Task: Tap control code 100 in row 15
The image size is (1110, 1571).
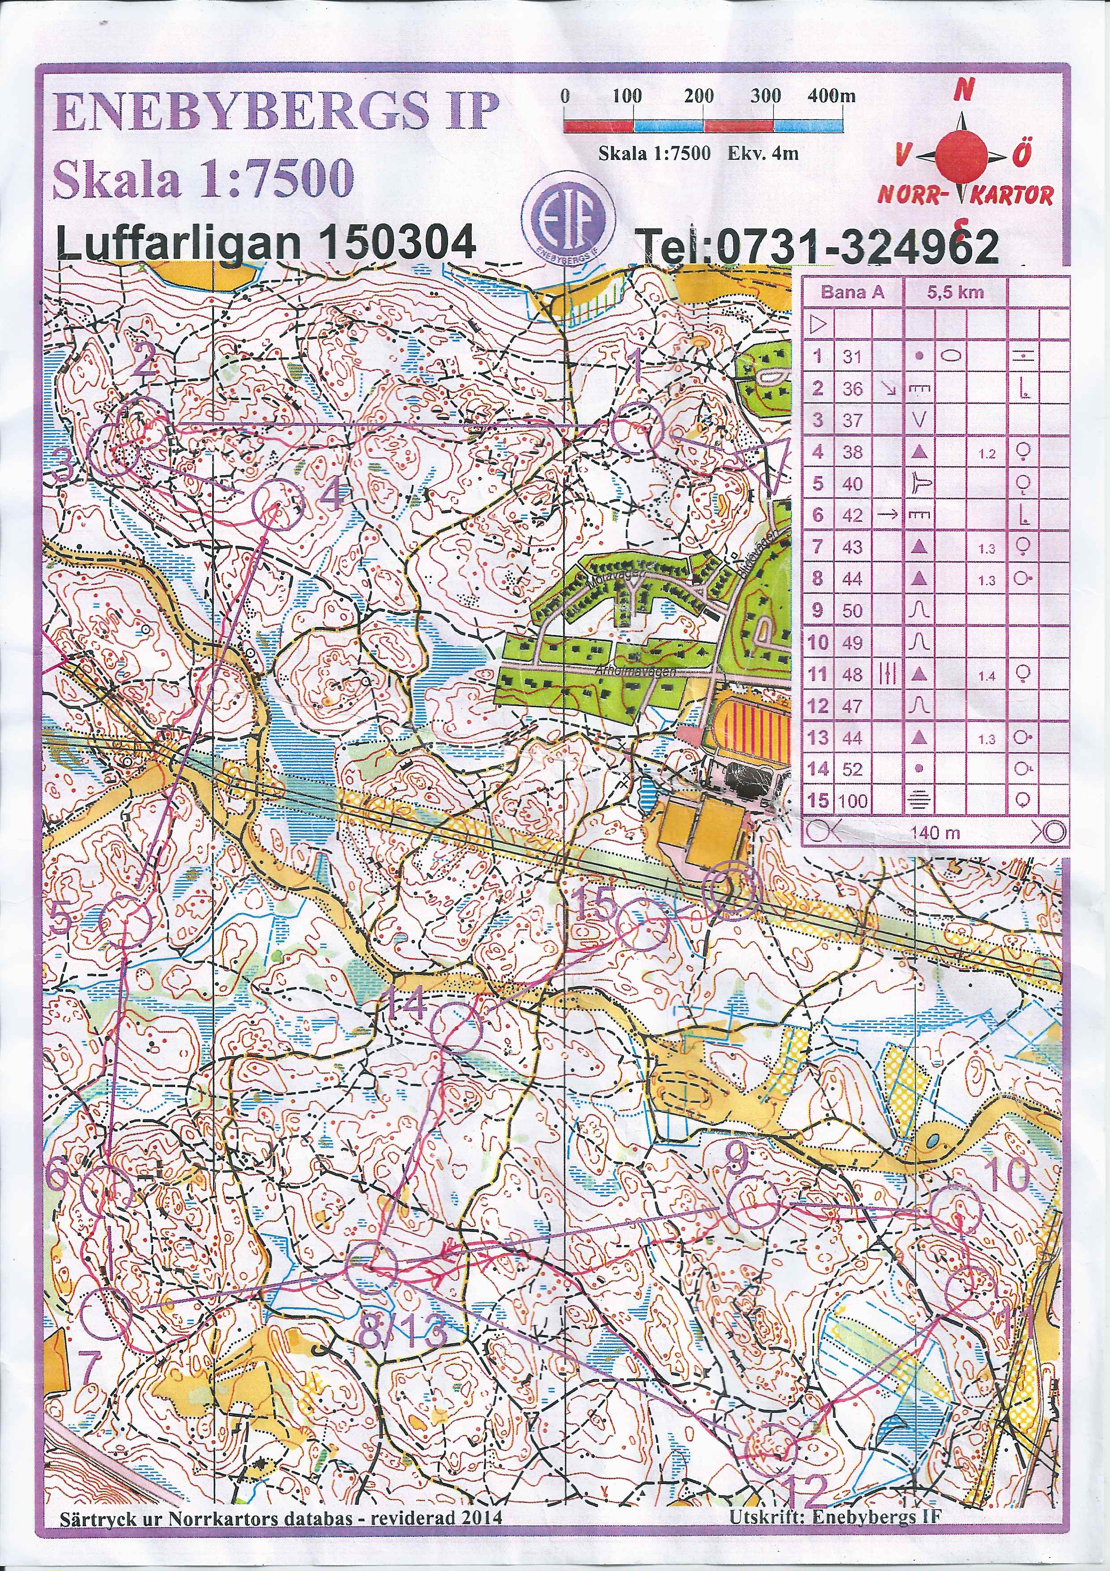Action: (x=852, y=801)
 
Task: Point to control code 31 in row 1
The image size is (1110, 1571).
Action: (x=852, y=356)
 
